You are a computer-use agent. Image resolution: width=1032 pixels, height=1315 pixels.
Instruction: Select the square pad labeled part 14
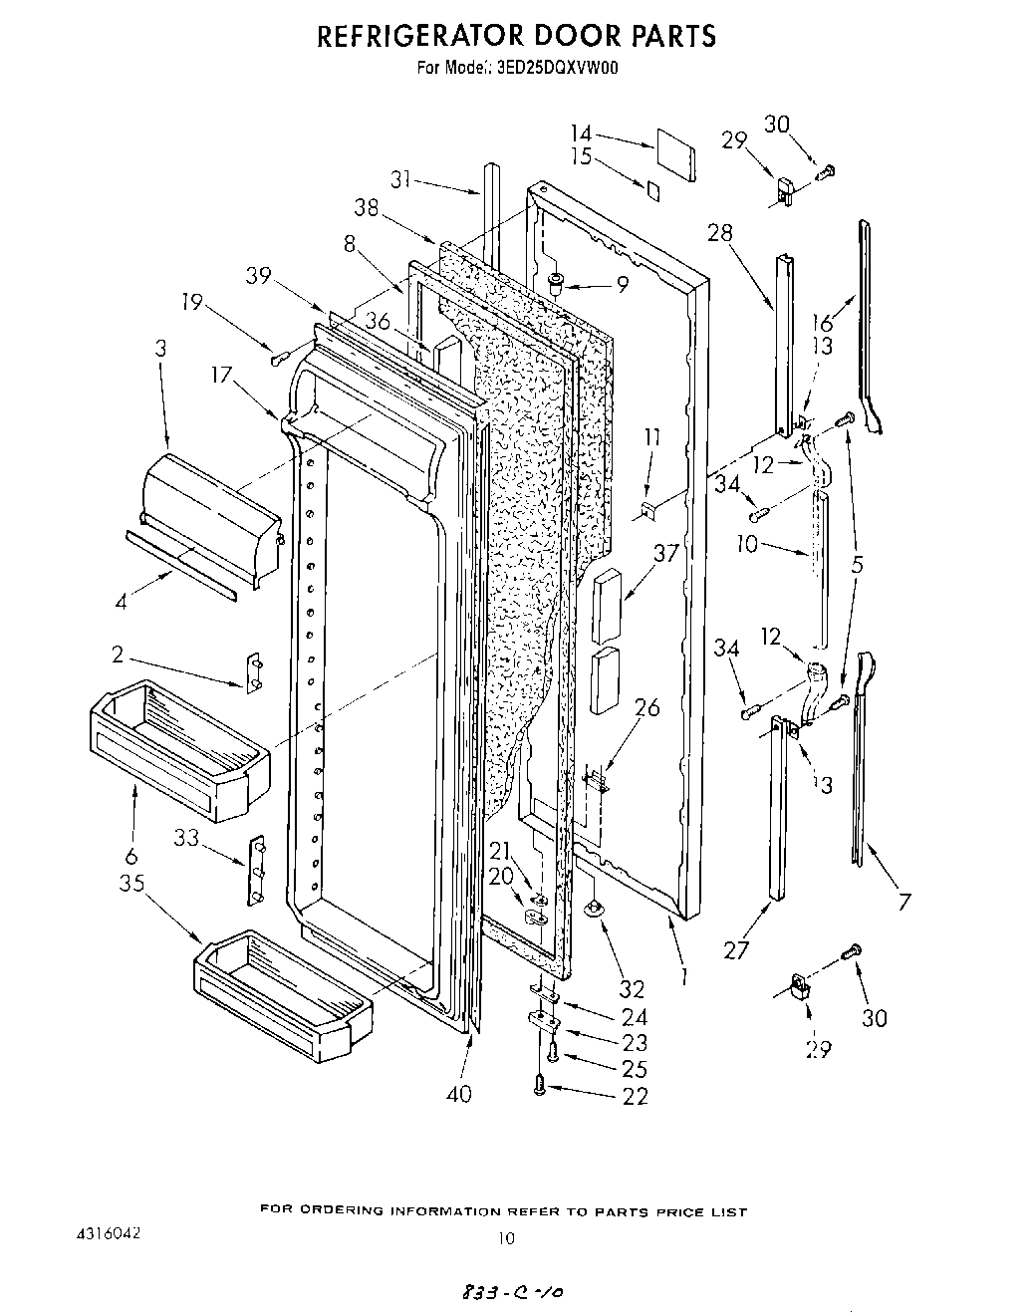(675, 155)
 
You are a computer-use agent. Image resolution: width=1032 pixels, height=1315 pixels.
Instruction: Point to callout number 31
(401, 179)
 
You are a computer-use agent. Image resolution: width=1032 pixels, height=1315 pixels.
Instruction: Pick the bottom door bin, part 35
(282, 987)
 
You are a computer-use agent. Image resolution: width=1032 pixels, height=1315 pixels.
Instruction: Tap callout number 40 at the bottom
(458, 1094)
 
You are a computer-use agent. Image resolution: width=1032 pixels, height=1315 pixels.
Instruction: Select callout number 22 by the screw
(635, 1096)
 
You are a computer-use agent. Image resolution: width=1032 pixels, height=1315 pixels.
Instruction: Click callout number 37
(665, 553)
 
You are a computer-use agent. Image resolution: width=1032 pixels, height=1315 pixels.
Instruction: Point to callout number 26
(646, 708)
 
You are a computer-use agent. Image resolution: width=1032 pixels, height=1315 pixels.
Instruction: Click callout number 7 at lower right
(904, 903)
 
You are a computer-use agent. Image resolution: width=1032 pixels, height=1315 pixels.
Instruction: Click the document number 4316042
(108, 1232)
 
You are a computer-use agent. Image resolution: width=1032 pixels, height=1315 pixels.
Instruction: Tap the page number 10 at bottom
(506, 1239)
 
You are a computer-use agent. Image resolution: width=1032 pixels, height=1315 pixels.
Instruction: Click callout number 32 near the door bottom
(632, 989)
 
